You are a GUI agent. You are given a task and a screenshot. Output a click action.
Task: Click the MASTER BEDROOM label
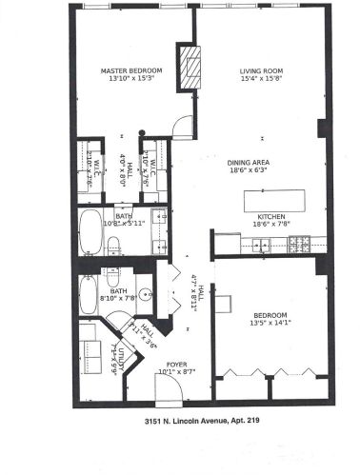[132, 70]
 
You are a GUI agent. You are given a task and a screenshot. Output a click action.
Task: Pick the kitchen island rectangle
[277, 201]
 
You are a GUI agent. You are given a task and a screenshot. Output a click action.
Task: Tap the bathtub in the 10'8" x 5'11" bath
[92, 233]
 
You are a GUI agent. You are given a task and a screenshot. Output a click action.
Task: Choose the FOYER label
[178, 363]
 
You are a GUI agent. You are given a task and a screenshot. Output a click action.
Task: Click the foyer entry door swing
[167, 386]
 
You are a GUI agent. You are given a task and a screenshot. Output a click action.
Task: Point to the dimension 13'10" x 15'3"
[132, 79]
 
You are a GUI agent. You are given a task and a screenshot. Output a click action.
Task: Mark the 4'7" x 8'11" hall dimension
[194, 288]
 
